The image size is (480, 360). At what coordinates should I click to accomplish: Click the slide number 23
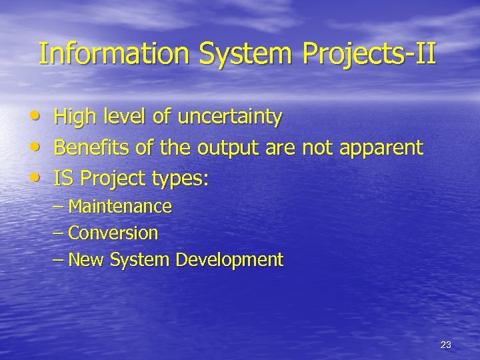point(446,345)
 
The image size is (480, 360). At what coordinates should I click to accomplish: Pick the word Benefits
point(95,147)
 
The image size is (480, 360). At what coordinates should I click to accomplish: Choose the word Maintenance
point(120,207)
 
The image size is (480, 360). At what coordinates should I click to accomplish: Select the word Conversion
point(113,233)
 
